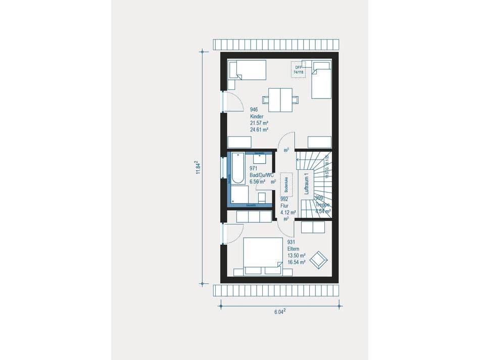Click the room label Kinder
tap(257, 116)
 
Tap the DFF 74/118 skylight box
tap(299, 70)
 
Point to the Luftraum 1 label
tap(306, 183)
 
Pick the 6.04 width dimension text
tap(279, 312)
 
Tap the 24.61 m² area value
tap(259, 129)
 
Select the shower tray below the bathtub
tap(240, 196)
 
